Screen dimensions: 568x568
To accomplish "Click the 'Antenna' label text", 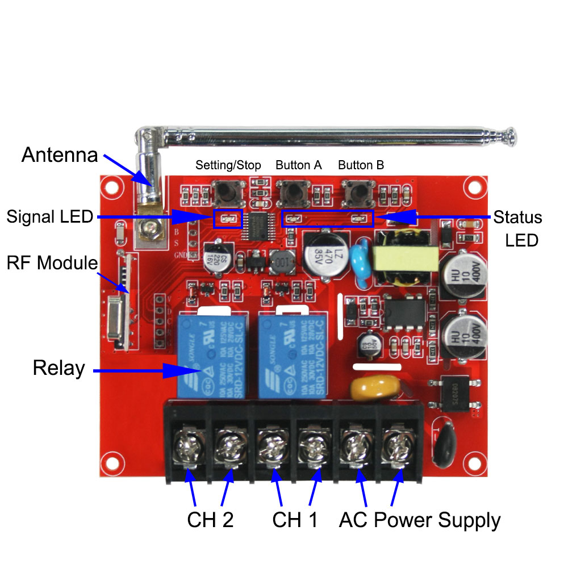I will (x=60, y=155).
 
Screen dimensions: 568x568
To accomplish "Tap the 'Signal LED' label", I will (x=50, y=216).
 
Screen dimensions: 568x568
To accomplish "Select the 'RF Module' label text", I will (x=52, y=263).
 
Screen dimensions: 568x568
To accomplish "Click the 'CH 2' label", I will (x=210, y=519).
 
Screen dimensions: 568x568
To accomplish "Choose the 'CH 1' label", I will (x=295, y=519).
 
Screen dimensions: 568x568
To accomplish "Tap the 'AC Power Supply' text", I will (x=420, y=519).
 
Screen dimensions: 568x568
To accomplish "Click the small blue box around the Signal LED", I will (x=228, y=219).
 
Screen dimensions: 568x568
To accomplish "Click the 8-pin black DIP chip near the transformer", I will (x=404, y=313).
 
